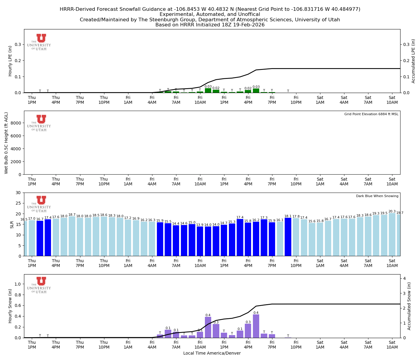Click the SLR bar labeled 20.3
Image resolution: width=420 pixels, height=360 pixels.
tap(392, 235)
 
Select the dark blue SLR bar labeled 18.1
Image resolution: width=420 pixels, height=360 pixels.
tap(288, 237)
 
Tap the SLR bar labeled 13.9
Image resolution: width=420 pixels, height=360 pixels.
tap(200, 241)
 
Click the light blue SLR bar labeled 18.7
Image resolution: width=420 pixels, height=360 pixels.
tap(72, 236)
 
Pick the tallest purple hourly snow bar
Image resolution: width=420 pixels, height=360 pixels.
tap(256, 326)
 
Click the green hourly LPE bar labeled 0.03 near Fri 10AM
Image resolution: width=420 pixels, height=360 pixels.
tap(208, 91)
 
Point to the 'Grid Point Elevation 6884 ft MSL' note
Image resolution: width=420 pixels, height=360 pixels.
tap(371, 114)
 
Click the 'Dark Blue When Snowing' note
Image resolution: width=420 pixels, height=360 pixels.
tap(377, 196)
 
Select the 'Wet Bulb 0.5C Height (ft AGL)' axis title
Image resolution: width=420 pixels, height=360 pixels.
tap(6, 143)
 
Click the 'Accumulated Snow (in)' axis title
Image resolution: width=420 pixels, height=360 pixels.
tap(409, 306)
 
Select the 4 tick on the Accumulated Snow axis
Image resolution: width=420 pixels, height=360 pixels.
tap(404, 278)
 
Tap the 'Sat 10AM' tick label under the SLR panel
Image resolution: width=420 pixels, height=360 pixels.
tap(392, 263)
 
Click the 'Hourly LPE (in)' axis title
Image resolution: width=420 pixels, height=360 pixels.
tap(10, 61)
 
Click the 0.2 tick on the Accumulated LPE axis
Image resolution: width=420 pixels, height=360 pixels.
tap(406, 61)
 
